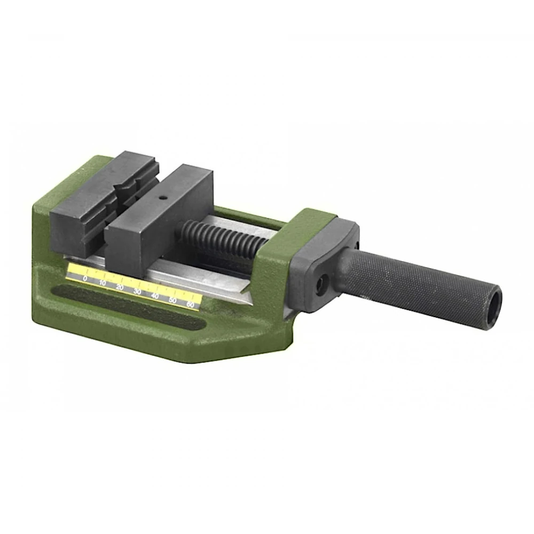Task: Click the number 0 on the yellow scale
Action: point(85,279)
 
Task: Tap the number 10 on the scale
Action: point(103,283)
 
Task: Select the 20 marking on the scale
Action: point(120,287)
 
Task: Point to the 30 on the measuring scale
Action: point(137,292)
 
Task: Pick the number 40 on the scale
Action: point(155,296)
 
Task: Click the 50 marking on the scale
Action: point(172,300)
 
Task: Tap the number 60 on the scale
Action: point(191,305)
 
